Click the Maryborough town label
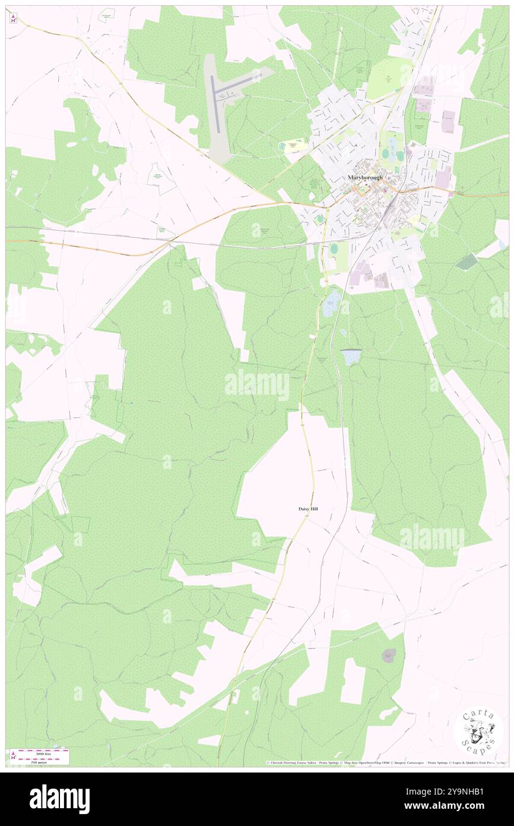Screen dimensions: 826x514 [366, 178]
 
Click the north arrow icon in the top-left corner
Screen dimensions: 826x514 [13, 18]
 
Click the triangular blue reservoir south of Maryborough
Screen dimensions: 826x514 [350, 357]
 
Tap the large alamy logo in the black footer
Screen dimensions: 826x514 [59, 799]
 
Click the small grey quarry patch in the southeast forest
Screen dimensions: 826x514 [389, 655]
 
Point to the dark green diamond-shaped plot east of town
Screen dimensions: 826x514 [467, 261]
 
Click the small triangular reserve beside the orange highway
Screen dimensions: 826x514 [165, 232]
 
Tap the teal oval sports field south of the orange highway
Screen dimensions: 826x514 [320, 219]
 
